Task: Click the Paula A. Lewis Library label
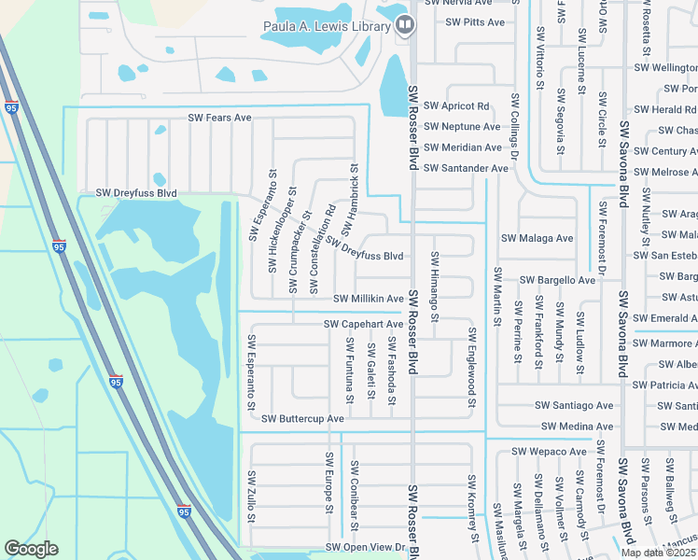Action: pos(326,26)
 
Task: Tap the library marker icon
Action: pos(405,24)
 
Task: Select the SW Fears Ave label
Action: pos(220,118)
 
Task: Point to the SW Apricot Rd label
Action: pos(456,106)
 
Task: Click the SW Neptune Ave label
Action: pos(462,127)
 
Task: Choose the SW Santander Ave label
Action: pos(466,168)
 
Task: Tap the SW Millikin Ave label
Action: pos(369,299)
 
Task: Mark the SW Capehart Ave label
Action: pos(363,324)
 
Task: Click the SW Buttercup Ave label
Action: pos(302,419)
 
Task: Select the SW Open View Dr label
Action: pos(365,547)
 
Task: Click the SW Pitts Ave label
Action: pos(475,21)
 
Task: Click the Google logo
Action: pos(31,549)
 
